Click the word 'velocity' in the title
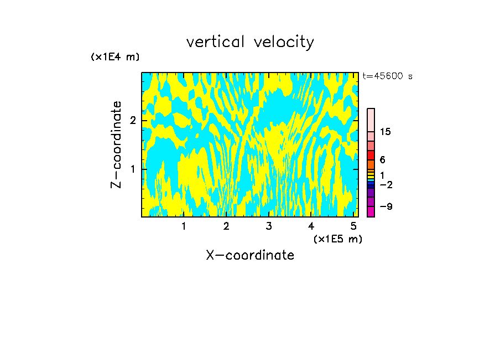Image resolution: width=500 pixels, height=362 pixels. (284, 43)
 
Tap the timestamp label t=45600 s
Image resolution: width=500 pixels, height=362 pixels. (387, 76)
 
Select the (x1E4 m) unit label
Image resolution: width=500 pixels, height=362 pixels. (115, 57)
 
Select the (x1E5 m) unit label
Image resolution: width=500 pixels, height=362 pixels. (337, 239)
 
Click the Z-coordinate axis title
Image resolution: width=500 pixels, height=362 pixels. (116, 144)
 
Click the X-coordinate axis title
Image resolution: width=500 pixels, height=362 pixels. (250, 255)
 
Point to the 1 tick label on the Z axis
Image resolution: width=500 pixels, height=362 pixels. (133, 169)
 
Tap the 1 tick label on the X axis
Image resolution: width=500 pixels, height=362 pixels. (184, 226)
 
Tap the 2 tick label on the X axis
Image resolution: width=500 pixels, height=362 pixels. (226, 226)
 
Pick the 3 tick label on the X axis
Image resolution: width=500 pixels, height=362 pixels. (269, 226)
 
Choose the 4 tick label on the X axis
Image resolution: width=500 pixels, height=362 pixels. (311, 226)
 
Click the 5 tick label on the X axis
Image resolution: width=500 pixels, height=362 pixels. (353, 226)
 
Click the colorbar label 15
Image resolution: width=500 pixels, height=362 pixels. (386, 132)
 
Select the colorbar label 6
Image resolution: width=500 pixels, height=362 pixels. (382, 159)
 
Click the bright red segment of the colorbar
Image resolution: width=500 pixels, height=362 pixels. (371, 155)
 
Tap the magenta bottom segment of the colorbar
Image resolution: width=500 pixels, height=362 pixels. (371, 211)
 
